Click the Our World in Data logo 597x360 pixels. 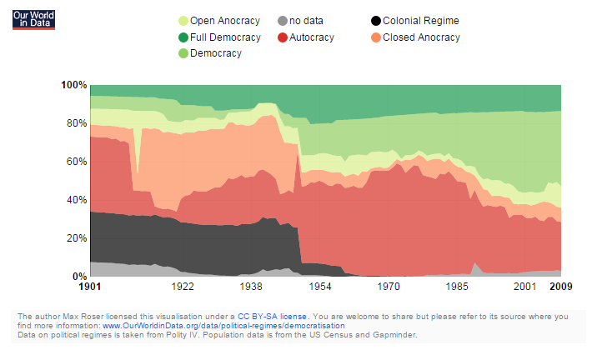(x=33, y=20)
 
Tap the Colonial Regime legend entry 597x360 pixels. (x=420, y=21)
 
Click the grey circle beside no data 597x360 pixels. (x=283, y=21)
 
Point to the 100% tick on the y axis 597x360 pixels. (x=74, y=85)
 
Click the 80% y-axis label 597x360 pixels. (x=77, y=123)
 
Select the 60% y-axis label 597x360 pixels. (x=77, y=162)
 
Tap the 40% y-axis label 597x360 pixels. (x=77, y=200)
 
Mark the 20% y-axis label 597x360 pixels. (x=77, y=238)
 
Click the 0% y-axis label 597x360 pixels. (x=80, y=277)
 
